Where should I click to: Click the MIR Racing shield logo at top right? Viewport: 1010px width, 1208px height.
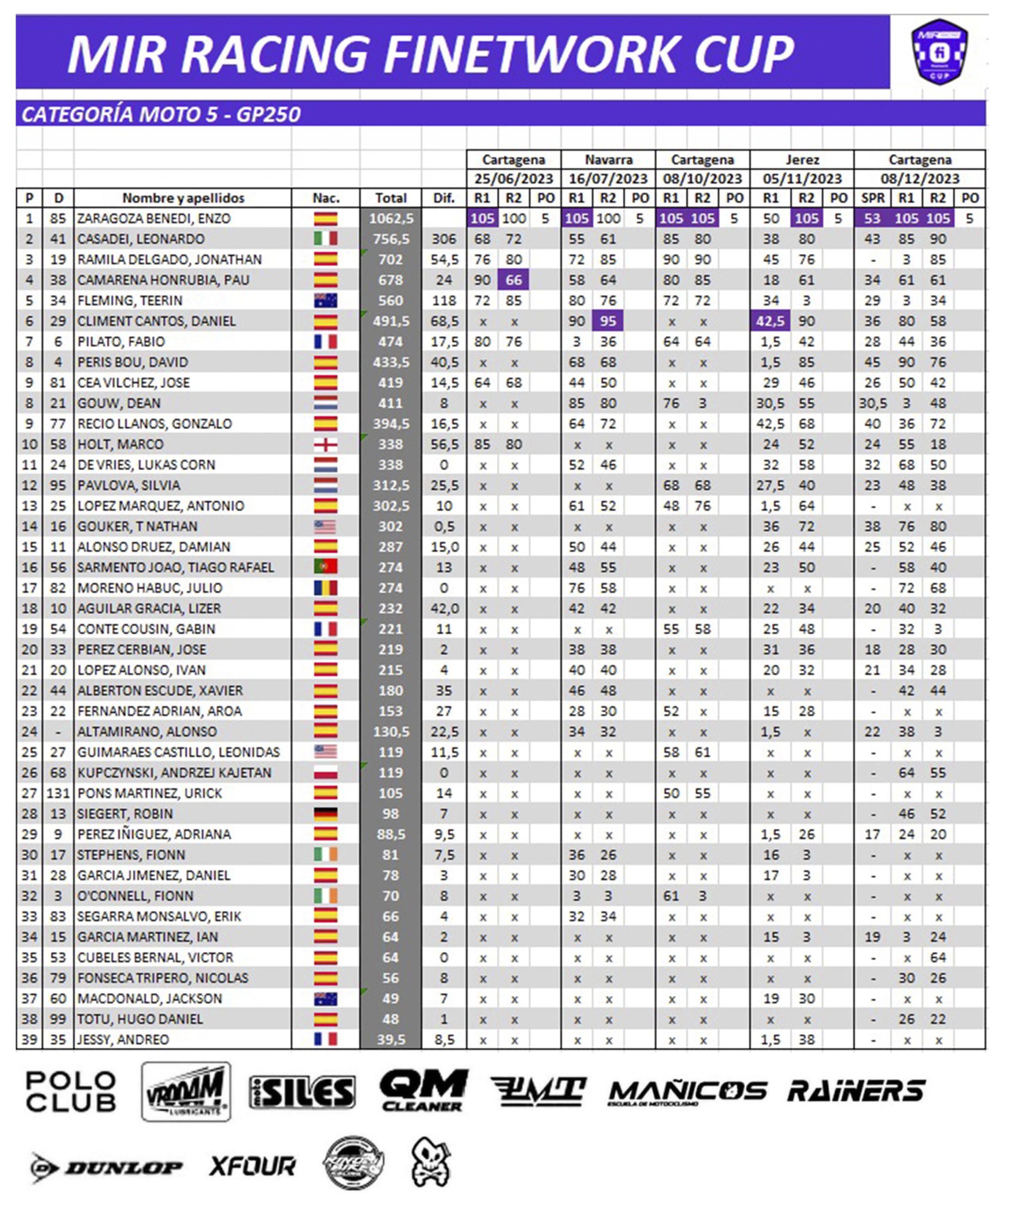(x=939, y=52)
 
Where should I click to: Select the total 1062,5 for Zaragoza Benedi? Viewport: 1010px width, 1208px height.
(x=391, y=218)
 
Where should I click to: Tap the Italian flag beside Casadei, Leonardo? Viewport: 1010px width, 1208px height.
(x=326, y=239)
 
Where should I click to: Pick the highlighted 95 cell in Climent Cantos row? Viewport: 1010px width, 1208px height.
(x=608, y=321)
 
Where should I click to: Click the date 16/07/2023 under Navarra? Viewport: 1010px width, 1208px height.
(x=608, y=178)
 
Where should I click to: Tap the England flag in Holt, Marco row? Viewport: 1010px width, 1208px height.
(x=326, y=444)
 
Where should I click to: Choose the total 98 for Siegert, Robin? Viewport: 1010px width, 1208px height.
(x=391, y=814)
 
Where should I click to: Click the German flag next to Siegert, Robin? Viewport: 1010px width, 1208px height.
(x=326, y=814)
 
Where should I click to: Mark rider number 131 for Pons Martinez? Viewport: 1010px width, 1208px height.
(x=58, y=793)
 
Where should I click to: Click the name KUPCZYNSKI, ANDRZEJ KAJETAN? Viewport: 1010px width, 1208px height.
(x=174, y=772)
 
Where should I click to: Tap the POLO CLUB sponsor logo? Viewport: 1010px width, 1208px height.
(x=71, y=1092)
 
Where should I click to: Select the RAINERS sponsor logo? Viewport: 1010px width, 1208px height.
(x=856, y=1091)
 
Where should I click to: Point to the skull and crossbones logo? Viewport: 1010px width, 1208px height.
(x=431, y=1163)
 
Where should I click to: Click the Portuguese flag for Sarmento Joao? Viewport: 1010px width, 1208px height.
(x=326, y=567)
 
